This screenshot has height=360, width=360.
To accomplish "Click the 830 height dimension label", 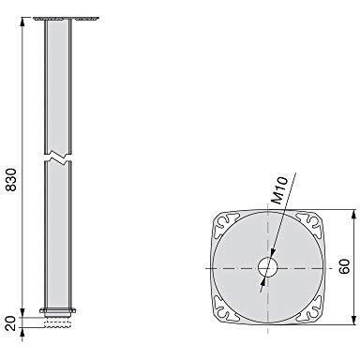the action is [x=11, y=180].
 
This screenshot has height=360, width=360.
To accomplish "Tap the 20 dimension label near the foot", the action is [x=11, y=323].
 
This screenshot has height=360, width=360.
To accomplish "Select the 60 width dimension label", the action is [x=344, y=266].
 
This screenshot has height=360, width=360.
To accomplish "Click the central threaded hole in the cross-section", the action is [x=268, y=268].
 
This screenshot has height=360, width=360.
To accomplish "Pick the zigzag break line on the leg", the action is [x=58, y=158].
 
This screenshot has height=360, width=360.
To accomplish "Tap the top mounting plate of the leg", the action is [x=66, y=19].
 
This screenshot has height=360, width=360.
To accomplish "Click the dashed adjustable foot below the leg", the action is [x=58, y=322].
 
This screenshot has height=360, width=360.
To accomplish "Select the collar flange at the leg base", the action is [x=58, y=310].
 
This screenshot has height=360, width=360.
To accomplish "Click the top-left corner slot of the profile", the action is [x=227, y=224].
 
